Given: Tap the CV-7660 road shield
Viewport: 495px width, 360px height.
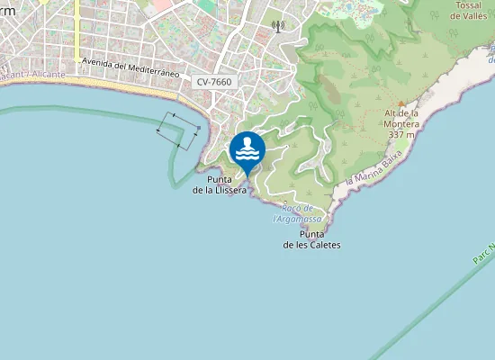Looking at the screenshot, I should click(x=214, y=82).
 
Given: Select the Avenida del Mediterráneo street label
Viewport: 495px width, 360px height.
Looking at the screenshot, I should click(x=130, y=67).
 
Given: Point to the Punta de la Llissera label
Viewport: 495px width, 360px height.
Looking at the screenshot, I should click(x=220, y=184).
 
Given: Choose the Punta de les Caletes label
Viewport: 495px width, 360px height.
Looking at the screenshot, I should click(x=311, y=239).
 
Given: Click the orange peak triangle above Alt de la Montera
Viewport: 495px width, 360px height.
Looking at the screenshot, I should click(x=401, y=103).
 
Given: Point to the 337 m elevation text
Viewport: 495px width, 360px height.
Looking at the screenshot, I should click(x=402, y=134).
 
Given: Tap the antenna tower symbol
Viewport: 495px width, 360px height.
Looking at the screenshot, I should click(x=278, y=25).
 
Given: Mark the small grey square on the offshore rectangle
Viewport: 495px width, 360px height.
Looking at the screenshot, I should click(x=198, y=128).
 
